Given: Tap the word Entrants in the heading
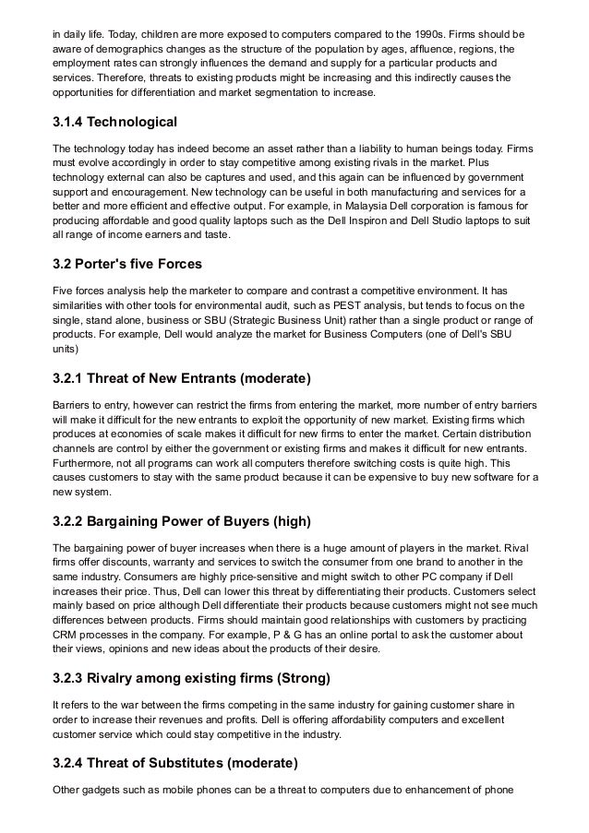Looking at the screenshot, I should tap(226, 378).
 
